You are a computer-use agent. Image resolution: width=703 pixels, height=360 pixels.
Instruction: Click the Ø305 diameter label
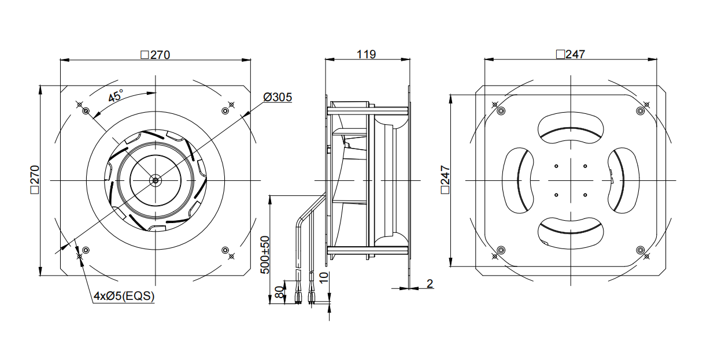pyautogui.click(x=277, y=97)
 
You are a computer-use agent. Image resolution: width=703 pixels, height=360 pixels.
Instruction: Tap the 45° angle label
pyautogui.click(x=115, y=96)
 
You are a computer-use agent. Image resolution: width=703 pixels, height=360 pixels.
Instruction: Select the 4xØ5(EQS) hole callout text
pyautogui.click(x=124, y=296)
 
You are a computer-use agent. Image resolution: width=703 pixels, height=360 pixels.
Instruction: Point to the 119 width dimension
pyautogui.click(x=366, y=54)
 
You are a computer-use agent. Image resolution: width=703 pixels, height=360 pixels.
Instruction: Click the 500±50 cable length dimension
pyautogui.click(x=265, y=255)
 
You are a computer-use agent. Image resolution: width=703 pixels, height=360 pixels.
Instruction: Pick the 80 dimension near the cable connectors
pyautogui.click(x=279, y=292)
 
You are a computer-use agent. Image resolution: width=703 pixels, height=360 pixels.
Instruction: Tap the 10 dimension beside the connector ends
pyautogui.click(x=324, y=277)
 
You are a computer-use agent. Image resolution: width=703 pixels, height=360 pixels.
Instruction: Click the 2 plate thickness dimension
pyautogui.click(x=430, y=284)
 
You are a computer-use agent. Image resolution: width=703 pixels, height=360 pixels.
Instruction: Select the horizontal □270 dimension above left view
pyautogui.click(x=156, y=55)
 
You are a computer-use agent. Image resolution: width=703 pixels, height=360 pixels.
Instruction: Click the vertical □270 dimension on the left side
pyautogui.click(x=35, y=180)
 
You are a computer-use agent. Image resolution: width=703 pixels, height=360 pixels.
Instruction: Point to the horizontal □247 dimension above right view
pyautogui.click(x=571, y=54)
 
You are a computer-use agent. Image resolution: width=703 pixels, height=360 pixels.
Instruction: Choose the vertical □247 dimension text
pyautogui.click(x=445, y=180)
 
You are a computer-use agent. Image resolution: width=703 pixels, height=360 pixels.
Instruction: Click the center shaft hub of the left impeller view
pyautogui.click(x=155, y=180)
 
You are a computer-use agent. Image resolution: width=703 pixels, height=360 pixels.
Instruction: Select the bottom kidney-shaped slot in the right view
pyautogui.click(x=571, y=233)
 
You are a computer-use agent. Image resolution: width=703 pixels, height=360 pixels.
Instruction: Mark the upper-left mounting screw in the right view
pyautogui.click(x=501, y=111)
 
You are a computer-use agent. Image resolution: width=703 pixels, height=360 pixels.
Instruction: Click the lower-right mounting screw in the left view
pyautogui.click(x=225, y=250)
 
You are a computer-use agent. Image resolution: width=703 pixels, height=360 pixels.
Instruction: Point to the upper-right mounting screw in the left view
pyautogui.click(x=225, y=111)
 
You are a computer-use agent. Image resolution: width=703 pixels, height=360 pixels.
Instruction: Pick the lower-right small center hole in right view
pyautogui.click(x=585, y=195)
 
